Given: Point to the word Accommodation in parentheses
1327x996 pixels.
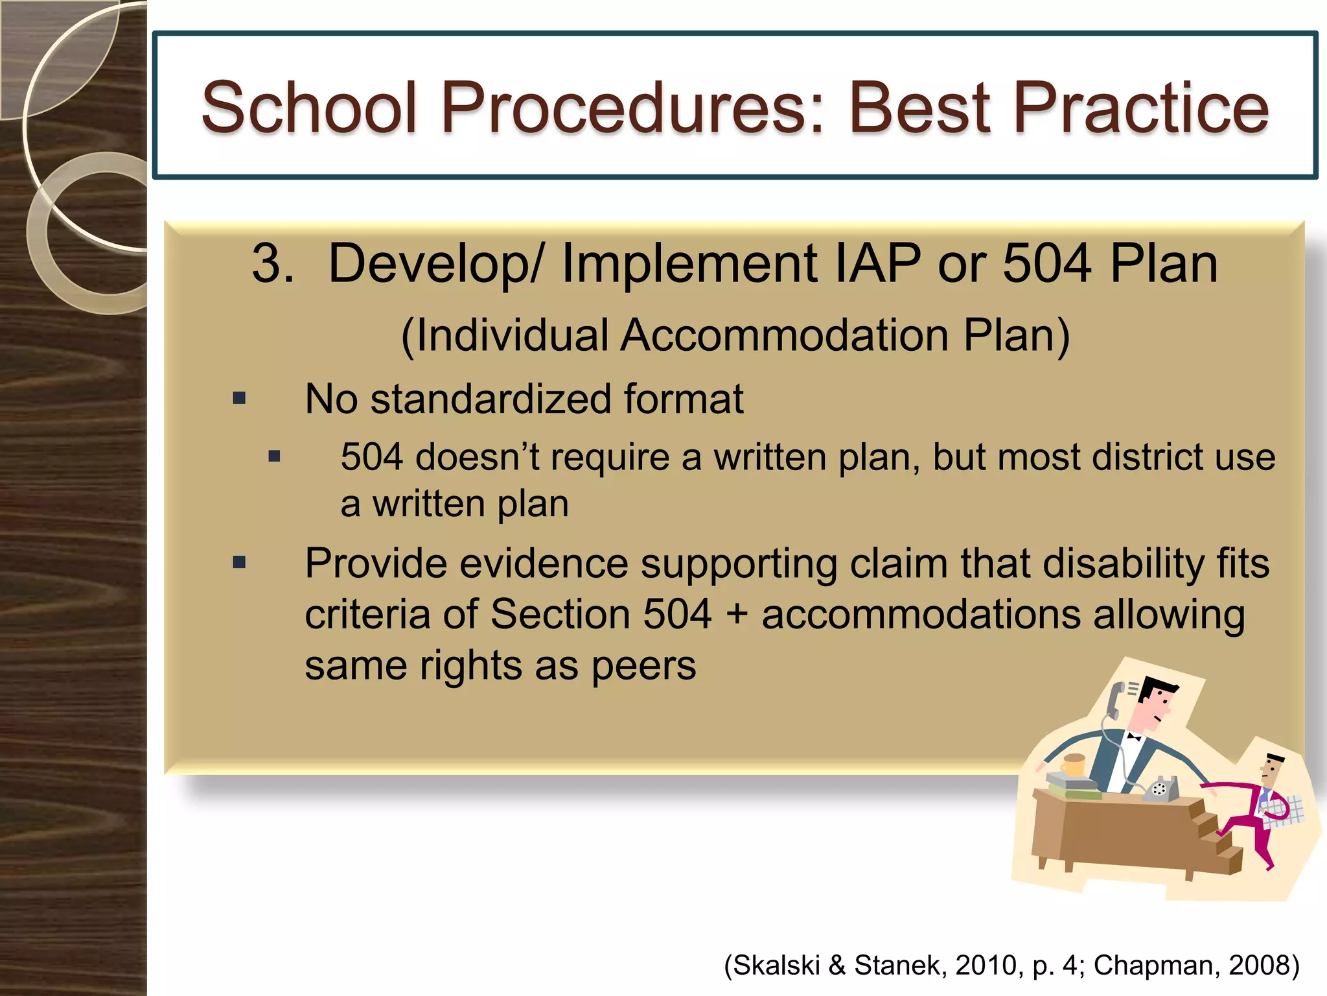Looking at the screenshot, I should [785, 336].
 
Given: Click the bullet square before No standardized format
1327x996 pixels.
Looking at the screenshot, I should [240, 398].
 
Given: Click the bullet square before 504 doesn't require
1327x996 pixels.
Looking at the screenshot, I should [275, 456].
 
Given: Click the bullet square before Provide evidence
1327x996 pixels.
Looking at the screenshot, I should [240, 562].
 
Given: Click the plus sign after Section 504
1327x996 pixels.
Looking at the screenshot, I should [737, 615].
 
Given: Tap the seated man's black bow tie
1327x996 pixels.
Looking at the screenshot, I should [1134, 737].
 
